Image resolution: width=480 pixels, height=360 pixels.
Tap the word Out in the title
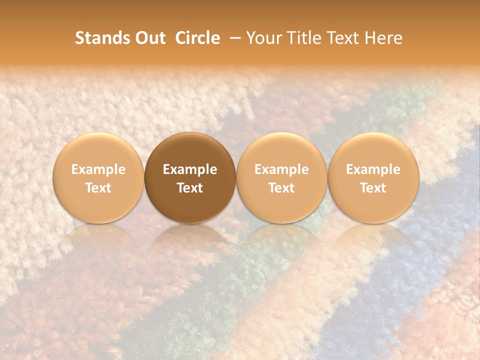(149, 38)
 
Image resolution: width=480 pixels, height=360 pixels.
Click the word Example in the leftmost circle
(98, 169)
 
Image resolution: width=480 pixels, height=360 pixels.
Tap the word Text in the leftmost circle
(98, 188)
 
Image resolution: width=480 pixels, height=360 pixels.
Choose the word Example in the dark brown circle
(190, 169)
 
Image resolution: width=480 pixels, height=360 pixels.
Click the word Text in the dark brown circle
(190, 188)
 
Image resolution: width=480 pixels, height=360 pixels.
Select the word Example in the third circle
(281, 169)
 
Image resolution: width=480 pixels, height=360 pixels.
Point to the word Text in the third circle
(281, 188)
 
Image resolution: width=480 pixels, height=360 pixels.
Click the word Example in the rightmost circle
(373, 169)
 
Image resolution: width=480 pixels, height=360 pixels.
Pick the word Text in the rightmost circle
(373, 188)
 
